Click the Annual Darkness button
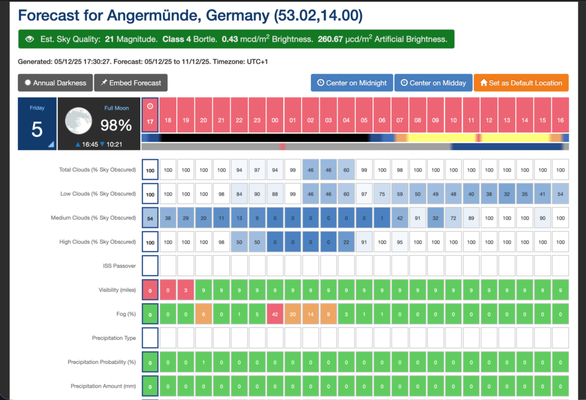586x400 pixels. tap(56, 83)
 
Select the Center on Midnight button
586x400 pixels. tap(351, 83)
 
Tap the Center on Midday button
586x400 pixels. tap(433, 83)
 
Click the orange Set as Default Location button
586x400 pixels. tap(521, 83)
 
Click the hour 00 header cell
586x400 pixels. tap(275, 115)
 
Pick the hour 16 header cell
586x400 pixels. tap(560, 115)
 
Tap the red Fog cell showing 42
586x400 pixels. tap(275, 313)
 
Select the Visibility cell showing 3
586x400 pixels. tap(186, 290)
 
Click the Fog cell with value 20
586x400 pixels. tap(292, 313)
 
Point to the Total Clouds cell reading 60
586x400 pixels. tap(346, 170)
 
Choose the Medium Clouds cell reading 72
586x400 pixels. tap(453, 218)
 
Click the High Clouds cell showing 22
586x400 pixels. tap(346, 242)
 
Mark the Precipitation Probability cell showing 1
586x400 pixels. tap(204, 362)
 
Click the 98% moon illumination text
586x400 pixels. tap(117, 125)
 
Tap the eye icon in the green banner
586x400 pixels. tap(30, 40)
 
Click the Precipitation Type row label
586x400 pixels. tap(114, 338)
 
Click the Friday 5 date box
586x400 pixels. tap(37, 124)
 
